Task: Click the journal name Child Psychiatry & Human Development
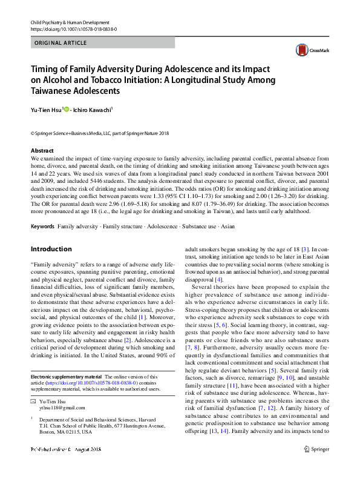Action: (x=70, y=22)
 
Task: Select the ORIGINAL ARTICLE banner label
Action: (x=61, y=43)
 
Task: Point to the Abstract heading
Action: (x=42, y=150)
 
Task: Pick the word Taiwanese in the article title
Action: (x=55, y=91)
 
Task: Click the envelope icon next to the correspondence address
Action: (x=33, y=401)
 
